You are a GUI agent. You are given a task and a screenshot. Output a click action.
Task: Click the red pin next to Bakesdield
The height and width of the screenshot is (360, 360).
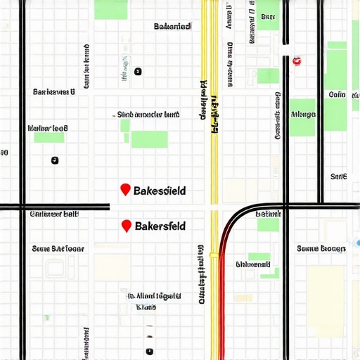click(x=125, y=189)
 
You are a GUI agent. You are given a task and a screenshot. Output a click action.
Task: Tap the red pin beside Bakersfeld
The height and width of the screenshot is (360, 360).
click(x=126, y=225)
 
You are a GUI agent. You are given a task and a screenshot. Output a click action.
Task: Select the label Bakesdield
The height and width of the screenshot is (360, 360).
click(x=160, y=191)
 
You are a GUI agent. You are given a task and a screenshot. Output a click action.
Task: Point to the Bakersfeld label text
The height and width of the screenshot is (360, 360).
click(x=160, y=226)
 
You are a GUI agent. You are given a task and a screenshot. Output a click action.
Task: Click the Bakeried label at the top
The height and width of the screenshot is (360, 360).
click(x=172, y=26)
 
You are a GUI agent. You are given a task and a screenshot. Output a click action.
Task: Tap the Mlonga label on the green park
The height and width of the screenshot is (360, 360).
click(x=303, y=113)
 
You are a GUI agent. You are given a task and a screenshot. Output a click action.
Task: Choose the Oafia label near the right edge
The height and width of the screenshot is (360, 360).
click(x=337, y=94)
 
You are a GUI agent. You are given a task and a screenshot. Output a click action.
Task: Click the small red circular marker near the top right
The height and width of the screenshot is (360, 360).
click(x=296, y=61)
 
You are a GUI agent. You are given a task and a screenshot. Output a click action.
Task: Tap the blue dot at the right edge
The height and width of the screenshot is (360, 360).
click(x=358, y=243)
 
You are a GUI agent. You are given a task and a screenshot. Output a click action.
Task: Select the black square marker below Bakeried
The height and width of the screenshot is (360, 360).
click(x=138, y=71)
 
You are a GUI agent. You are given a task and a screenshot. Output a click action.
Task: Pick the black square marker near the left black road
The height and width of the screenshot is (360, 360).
click(x=55, y=161)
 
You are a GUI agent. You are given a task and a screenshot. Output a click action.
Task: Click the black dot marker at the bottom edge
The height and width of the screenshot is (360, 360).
click(x=149, y=350)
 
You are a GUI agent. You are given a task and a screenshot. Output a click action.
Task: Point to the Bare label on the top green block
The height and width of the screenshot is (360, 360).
click(x=268, y=15)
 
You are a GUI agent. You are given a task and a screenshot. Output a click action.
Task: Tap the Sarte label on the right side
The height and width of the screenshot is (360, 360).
click(x=338, y=176)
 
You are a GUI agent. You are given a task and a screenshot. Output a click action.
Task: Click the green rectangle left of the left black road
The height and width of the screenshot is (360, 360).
click(x=49, y=139)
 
